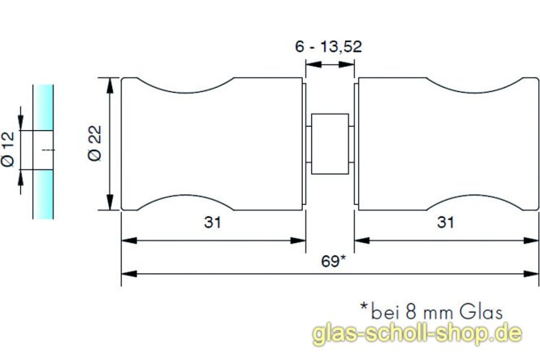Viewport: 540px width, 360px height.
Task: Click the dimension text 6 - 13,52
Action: pos(329,47)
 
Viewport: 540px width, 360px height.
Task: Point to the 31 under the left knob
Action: pos(213,223)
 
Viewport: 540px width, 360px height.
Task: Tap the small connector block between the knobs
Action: pos(330,143)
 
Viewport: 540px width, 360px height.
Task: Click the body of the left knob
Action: pos(213,144)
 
